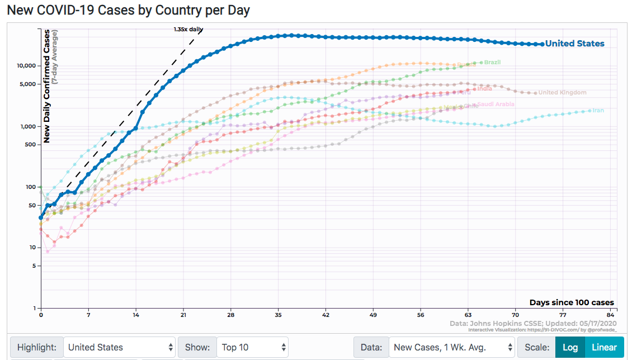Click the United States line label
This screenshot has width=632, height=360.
pos(574,44)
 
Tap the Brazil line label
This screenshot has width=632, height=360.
pos(492,62)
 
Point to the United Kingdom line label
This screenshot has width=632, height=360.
pos(562,93)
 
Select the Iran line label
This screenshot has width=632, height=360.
pos(598,111)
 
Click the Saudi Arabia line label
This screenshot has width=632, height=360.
pos(496,105)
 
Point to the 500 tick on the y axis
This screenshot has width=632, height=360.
pos(30,145)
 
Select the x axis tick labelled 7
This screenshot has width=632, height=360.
pos(88,315)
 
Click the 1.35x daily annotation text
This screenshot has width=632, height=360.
pos(188,29)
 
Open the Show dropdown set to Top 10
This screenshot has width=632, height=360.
pos(252,347)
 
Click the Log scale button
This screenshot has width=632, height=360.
pos(570,347)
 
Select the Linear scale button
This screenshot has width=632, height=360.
pos(604,347)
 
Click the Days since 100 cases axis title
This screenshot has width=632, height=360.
pos(571,302)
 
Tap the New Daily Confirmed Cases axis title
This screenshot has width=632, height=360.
pos(47,87)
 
